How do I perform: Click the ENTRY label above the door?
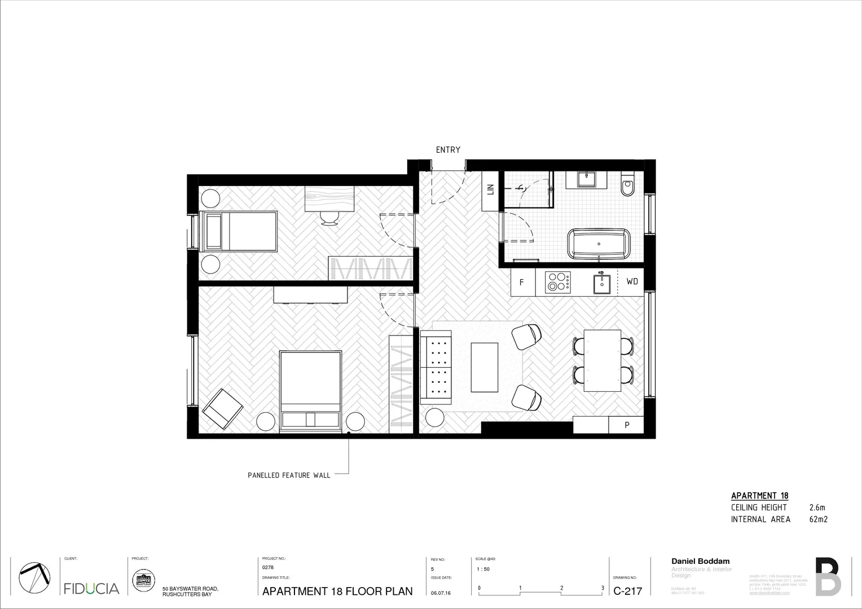pyautogui.click(x=448, y=150)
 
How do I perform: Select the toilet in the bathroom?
pyautogui.click(x=627, y=186)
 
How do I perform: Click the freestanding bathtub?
pyautogui.click(x=599, y=244)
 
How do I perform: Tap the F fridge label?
pyautogui.click(x=521, y=282)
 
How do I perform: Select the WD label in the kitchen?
pyautogui.click(x=632, y=281)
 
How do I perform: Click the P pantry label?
pyautogui.click(x=626, y=425)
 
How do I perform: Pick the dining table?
pyautogui.click(x=602, y=360)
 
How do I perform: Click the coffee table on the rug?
pyautogui.click(x=485, y=367)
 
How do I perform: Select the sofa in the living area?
pyautogui.click(x=436, y=367)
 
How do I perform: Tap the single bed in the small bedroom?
pyautogui.click(x=239, y=231)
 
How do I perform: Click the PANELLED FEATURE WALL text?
pyautogui.click(x=289, y=475)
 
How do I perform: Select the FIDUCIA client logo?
pyautogui.click(x=91, y=589)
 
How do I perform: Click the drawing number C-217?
pyautogui.click(x=627, y=591)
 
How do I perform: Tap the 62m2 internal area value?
pyautogui.click(x=818, y=519)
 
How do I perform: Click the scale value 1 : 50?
pyautogui.click(x=483, y=570)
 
